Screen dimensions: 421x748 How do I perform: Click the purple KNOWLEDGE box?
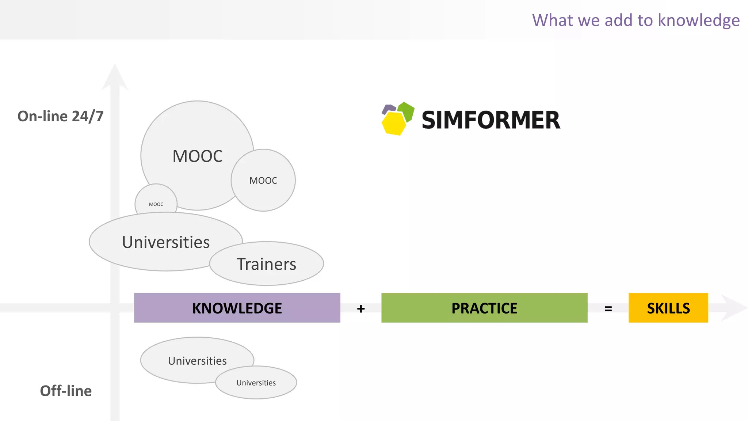[237, 308]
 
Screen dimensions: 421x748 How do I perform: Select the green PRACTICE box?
[484, 308]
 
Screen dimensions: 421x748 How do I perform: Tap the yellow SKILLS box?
[668, 308]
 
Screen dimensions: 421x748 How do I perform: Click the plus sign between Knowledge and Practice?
[361, 309]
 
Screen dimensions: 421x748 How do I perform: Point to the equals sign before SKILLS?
[608, 309]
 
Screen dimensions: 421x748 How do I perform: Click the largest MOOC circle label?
[198, 156]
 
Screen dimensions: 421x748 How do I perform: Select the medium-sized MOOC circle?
[263, 180]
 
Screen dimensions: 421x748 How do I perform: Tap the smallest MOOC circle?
[156, 201]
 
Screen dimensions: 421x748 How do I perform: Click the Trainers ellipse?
[267, 264]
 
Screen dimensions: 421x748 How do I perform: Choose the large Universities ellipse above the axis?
[166, 242]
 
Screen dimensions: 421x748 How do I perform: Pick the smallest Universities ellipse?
[256, 383]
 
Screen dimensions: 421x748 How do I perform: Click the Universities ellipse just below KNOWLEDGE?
[197, 361]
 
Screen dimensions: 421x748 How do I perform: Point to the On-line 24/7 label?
[61, 116]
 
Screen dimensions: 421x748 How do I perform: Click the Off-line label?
[66, 391]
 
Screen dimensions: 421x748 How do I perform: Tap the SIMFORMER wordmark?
[491, 120]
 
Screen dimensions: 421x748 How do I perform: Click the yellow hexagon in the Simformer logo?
[393, 124]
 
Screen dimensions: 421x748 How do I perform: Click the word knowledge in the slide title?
[699, 20]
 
